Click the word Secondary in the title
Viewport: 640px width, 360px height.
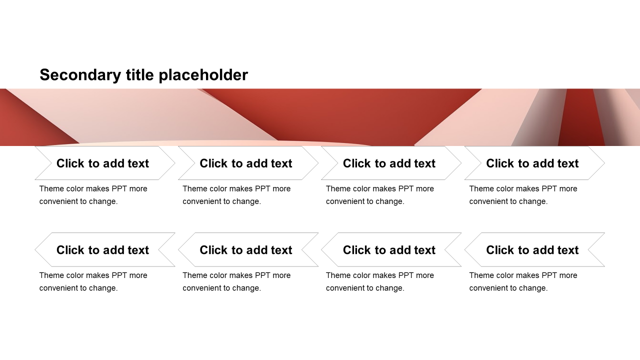[80, 75]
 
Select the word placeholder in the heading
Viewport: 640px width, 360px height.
[203, 75]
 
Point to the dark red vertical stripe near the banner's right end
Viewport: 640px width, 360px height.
[581, 117]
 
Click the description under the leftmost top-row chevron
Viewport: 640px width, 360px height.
[93, 195]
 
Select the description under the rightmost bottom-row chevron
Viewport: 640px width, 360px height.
[523, 281]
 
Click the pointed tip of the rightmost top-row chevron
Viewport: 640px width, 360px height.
[604, 163]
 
